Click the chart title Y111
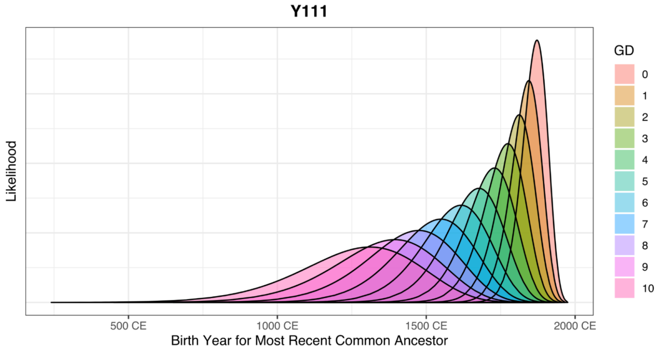(x=309, y=12)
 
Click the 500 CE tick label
(x=128, y=326)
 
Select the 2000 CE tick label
(x=574, y=326)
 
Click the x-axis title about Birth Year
(x=309, y=341)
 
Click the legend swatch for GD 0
(x=624, y=74)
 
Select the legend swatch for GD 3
(x=624, y=138)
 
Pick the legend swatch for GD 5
(x=624, y=181)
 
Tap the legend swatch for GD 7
(x=624, y=224)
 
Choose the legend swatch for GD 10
(x=624, y=288)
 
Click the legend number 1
(x=644, y=96)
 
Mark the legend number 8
(x=644, y=245)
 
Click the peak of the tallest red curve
(x=536, y=40)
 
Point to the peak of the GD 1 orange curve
(x=528, y=81)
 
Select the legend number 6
(x=644, y=203)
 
